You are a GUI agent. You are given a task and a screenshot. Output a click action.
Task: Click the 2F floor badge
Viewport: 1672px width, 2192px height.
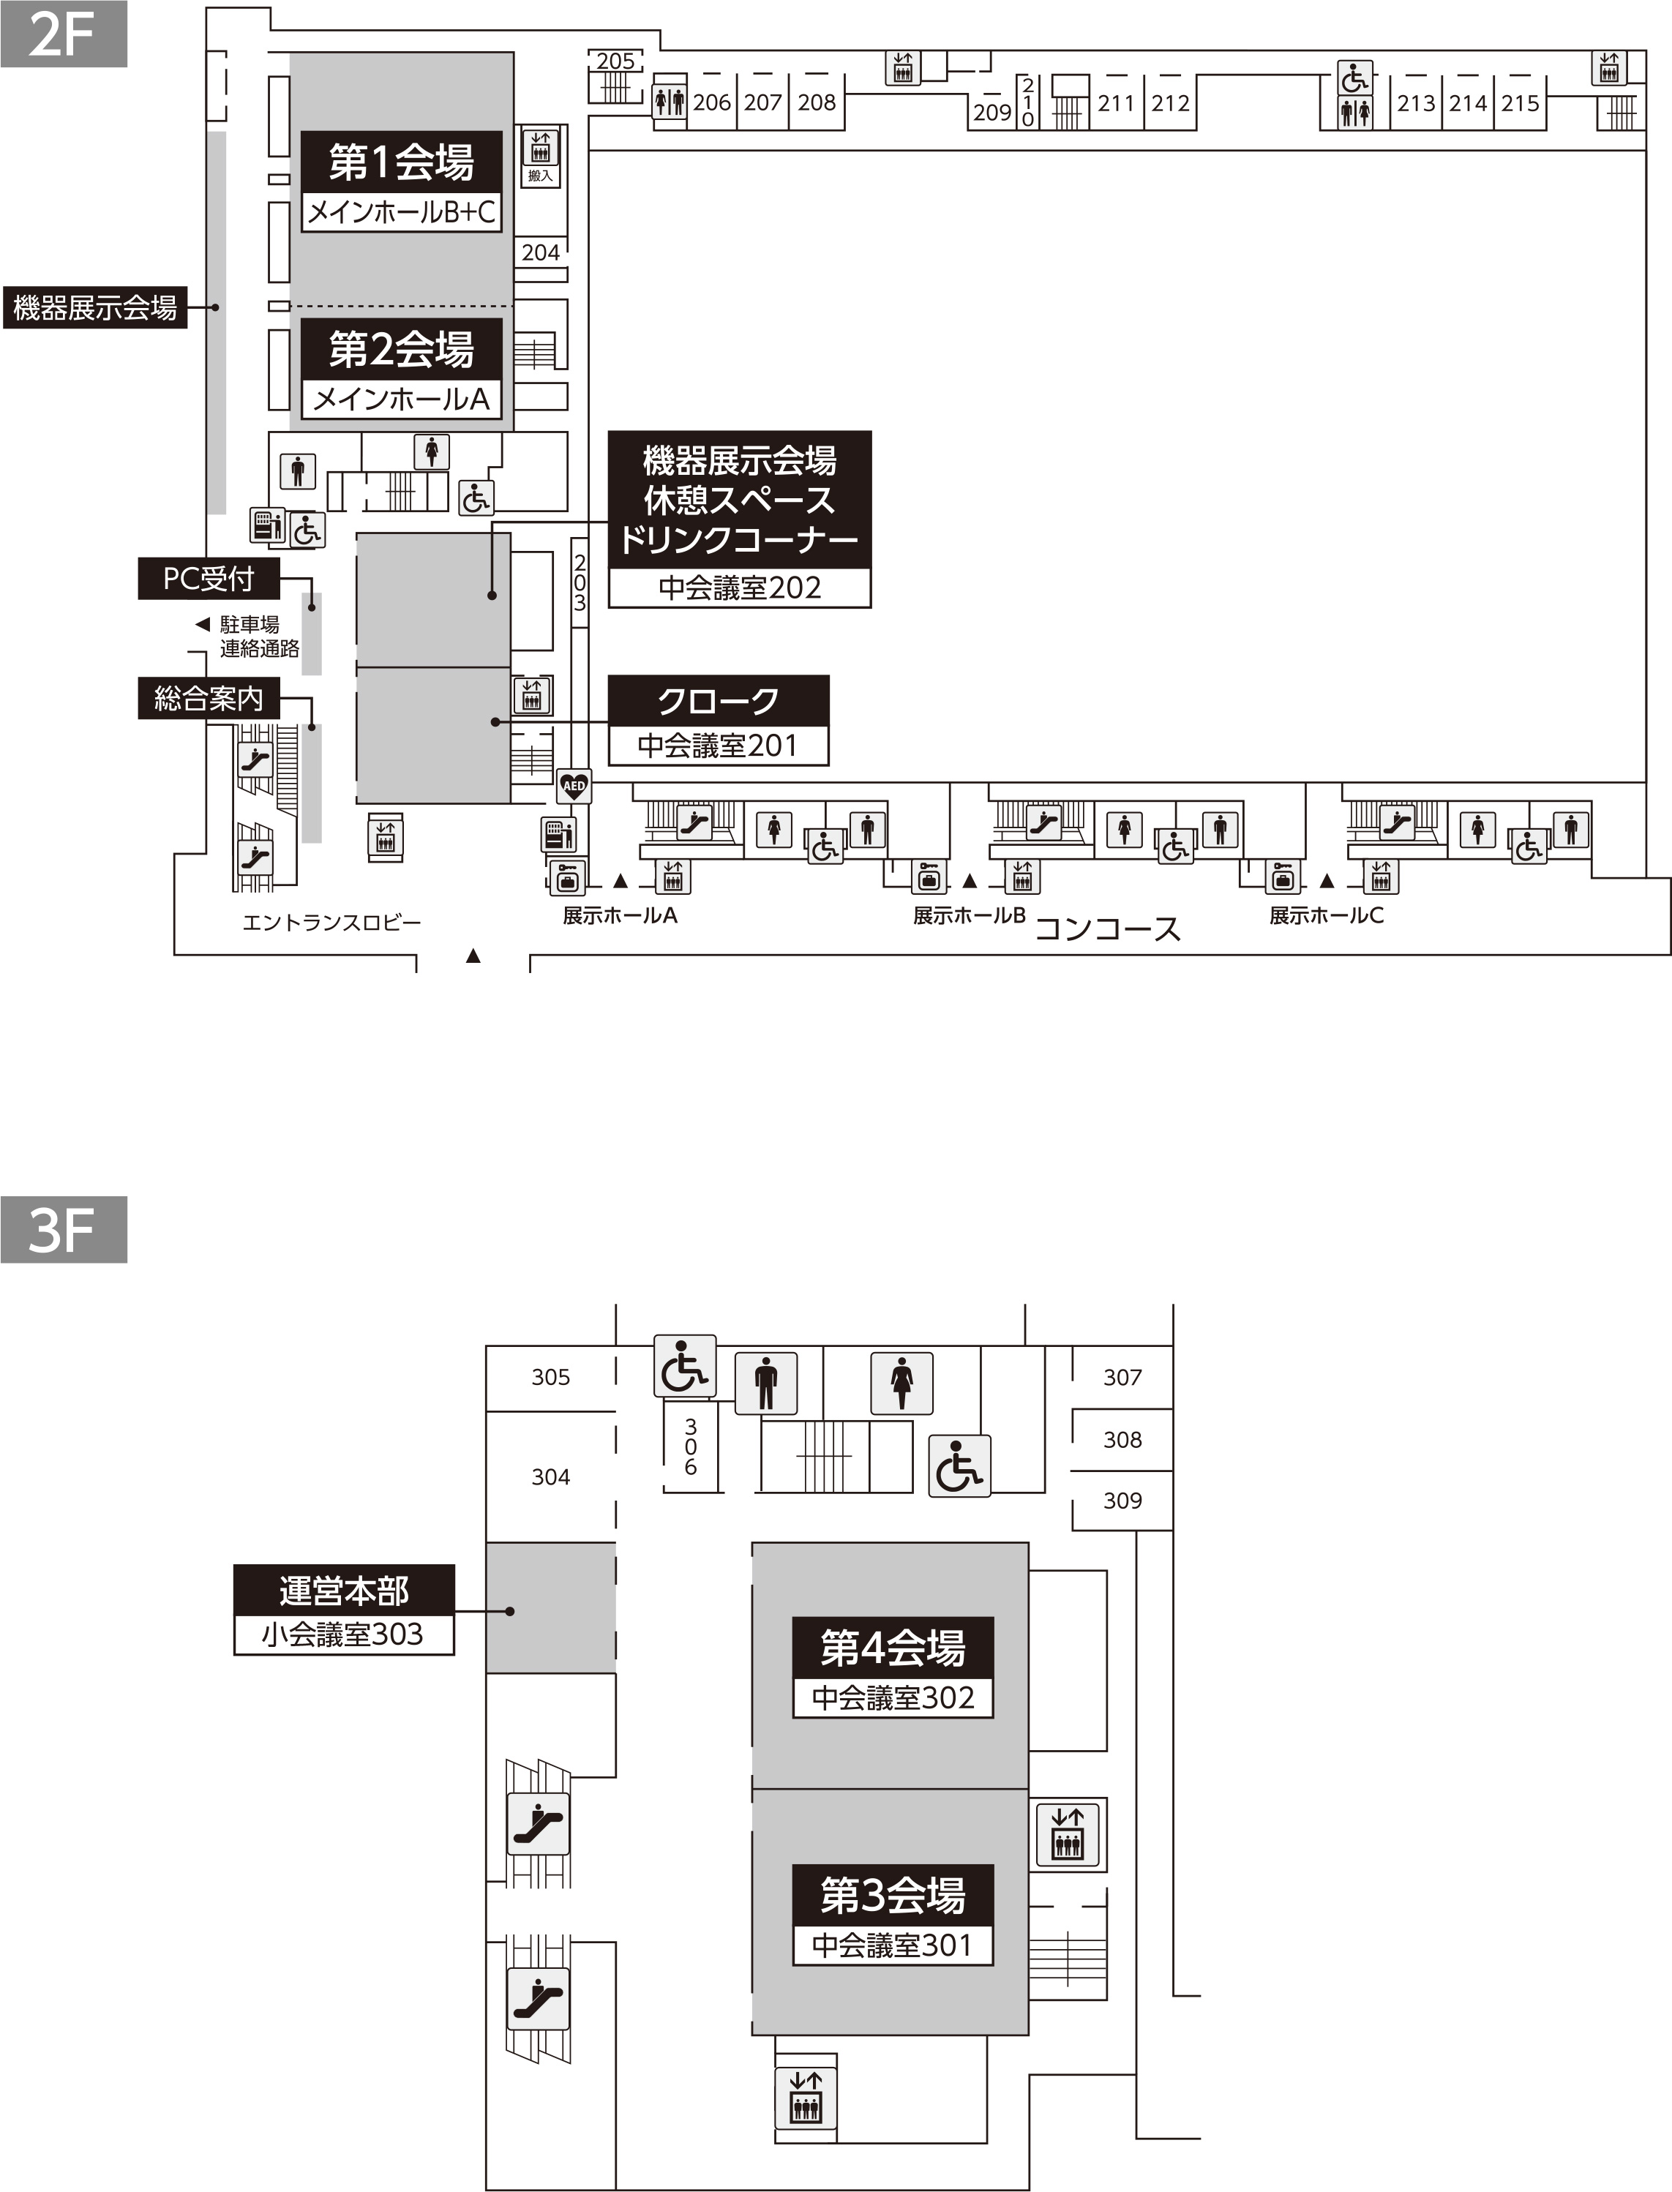click(x=64, y=34)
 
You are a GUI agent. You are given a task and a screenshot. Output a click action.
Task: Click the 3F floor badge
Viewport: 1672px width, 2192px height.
click(x=64, y=1230)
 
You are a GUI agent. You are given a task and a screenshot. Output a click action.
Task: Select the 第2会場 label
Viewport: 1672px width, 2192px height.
click(x=401, y=349)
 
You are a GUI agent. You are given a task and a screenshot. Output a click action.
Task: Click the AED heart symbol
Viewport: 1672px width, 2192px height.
click(x=574, y=786)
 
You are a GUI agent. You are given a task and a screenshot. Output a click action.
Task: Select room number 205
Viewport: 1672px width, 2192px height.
click(x=615, y=61)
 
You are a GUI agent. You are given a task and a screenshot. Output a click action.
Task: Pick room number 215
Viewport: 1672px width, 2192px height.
click(x=1521, y=102)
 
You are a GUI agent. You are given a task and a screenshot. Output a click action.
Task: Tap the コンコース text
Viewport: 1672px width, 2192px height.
click(x=1108, y=929)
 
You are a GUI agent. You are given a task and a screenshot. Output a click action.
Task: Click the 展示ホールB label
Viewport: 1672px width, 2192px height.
click(x=970, y=915)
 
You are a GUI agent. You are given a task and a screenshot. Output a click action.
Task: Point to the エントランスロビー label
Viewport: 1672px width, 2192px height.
click(x=331, y=923)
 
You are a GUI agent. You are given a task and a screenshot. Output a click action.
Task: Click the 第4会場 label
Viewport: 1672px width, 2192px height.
click(x=893, y=1647)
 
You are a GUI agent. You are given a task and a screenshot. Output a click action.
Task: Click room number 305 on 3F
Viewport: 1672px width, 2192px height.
click(x=550, y=1377)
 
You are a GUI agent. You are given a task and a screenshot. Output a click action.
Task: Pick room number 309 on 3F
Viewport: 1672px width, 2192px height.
click(x=1122, y=1501)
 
